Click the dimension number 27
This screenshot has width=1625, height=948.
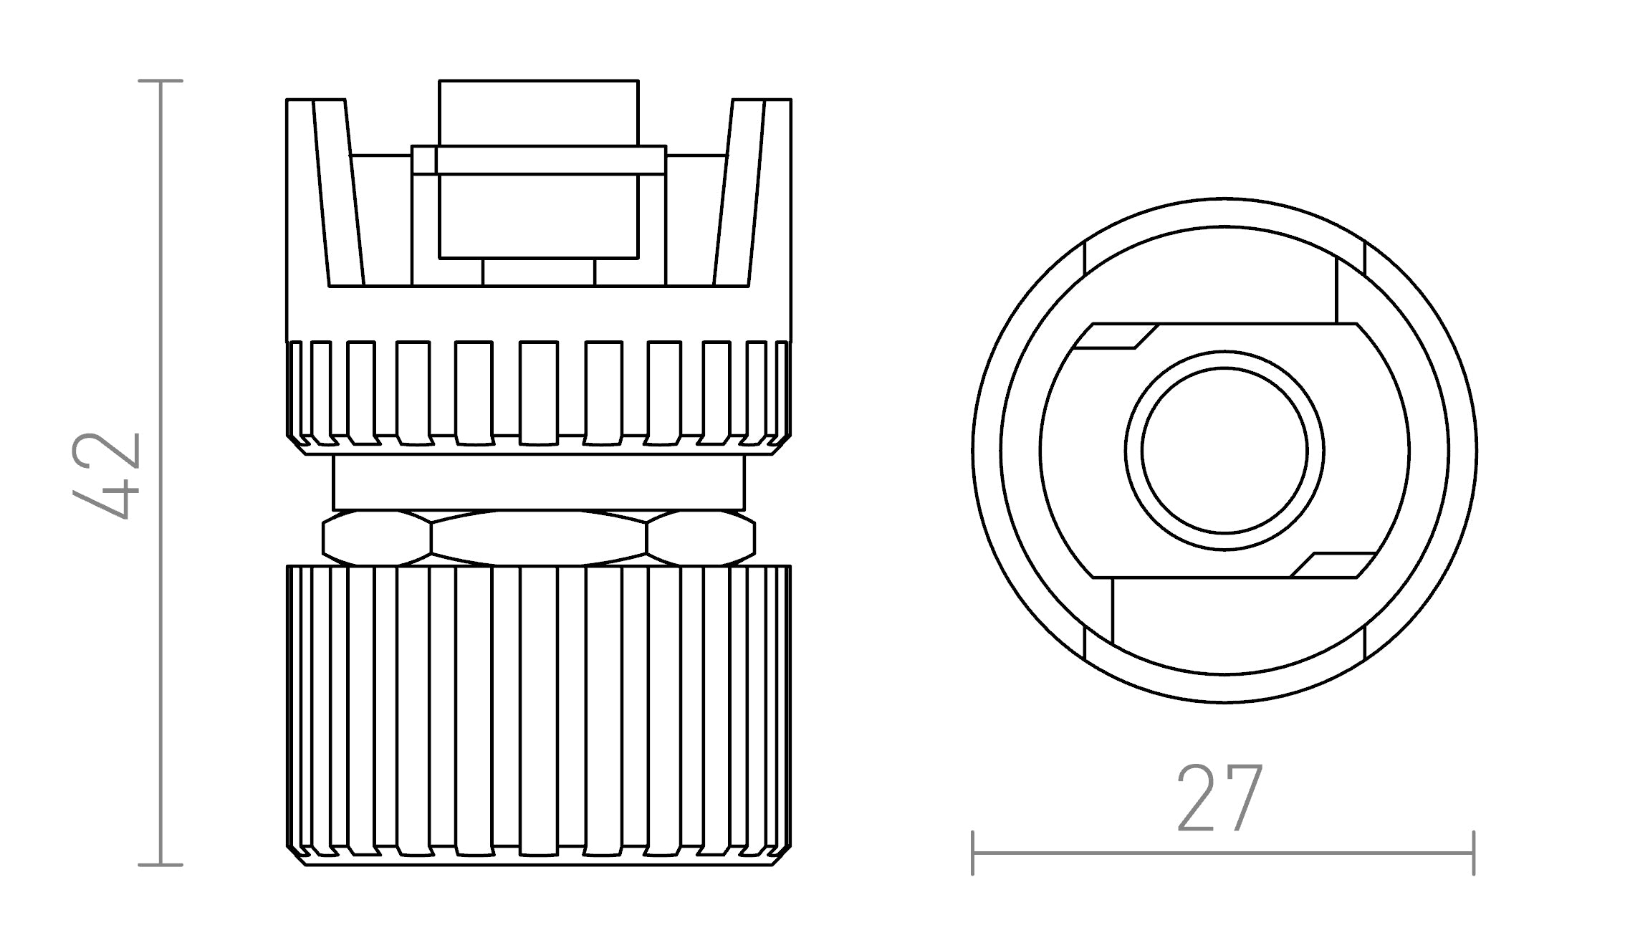(1220, 798)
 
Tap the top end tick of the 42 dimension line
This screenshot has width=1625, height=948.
(160, 81)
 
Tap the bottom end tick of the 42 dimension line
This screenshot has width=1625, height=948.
(160, 865)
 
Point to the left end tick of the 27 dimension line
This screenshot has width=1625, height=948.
(972, 853)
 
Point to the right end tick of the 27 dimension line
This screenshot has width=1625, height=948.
(1473, 853)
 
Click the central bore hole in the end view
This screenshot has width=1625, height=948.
(1224, 451)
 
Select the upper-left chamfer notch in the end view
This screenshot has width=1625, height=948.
(1116, 337)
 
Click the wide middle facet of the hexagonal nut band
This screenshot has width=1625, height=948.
(539, 537)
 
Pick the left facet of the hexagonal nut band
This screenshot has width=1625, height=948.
(378, 537)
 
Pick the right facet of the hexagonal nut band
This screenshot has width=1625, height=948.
(700, 537)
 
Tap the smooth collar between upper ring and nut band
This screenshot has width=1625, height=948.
(539, 483)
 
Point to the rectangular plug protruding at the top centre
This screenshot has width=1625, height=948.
(538, 113)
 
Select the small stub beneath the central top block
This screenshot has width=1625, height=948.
(539, 272)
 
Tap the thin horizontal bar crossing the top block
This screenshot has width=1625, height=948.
(539, 161)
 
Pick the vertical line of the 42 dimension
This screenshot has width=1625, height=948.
(160, 645)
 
